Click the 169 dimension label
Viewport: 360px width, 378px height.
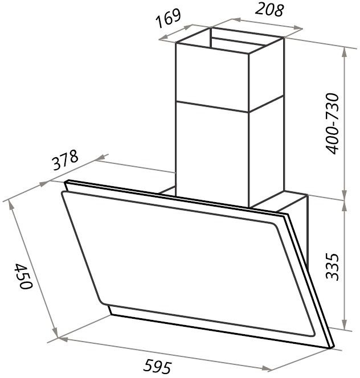169,18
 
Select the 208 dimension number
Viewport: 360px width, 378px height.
269,10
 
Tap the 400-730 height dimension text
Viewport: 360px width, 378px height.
332,124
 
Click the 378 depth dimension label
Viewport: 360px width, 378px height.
65,160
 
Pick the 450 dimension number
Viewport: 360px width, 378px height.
23,276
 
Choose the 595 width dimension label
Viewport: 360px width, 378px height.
157,366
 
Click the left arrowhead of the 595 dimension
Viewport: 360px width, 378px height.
63,339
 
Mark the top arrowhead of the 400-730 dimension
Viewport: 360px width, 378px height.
345,52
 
